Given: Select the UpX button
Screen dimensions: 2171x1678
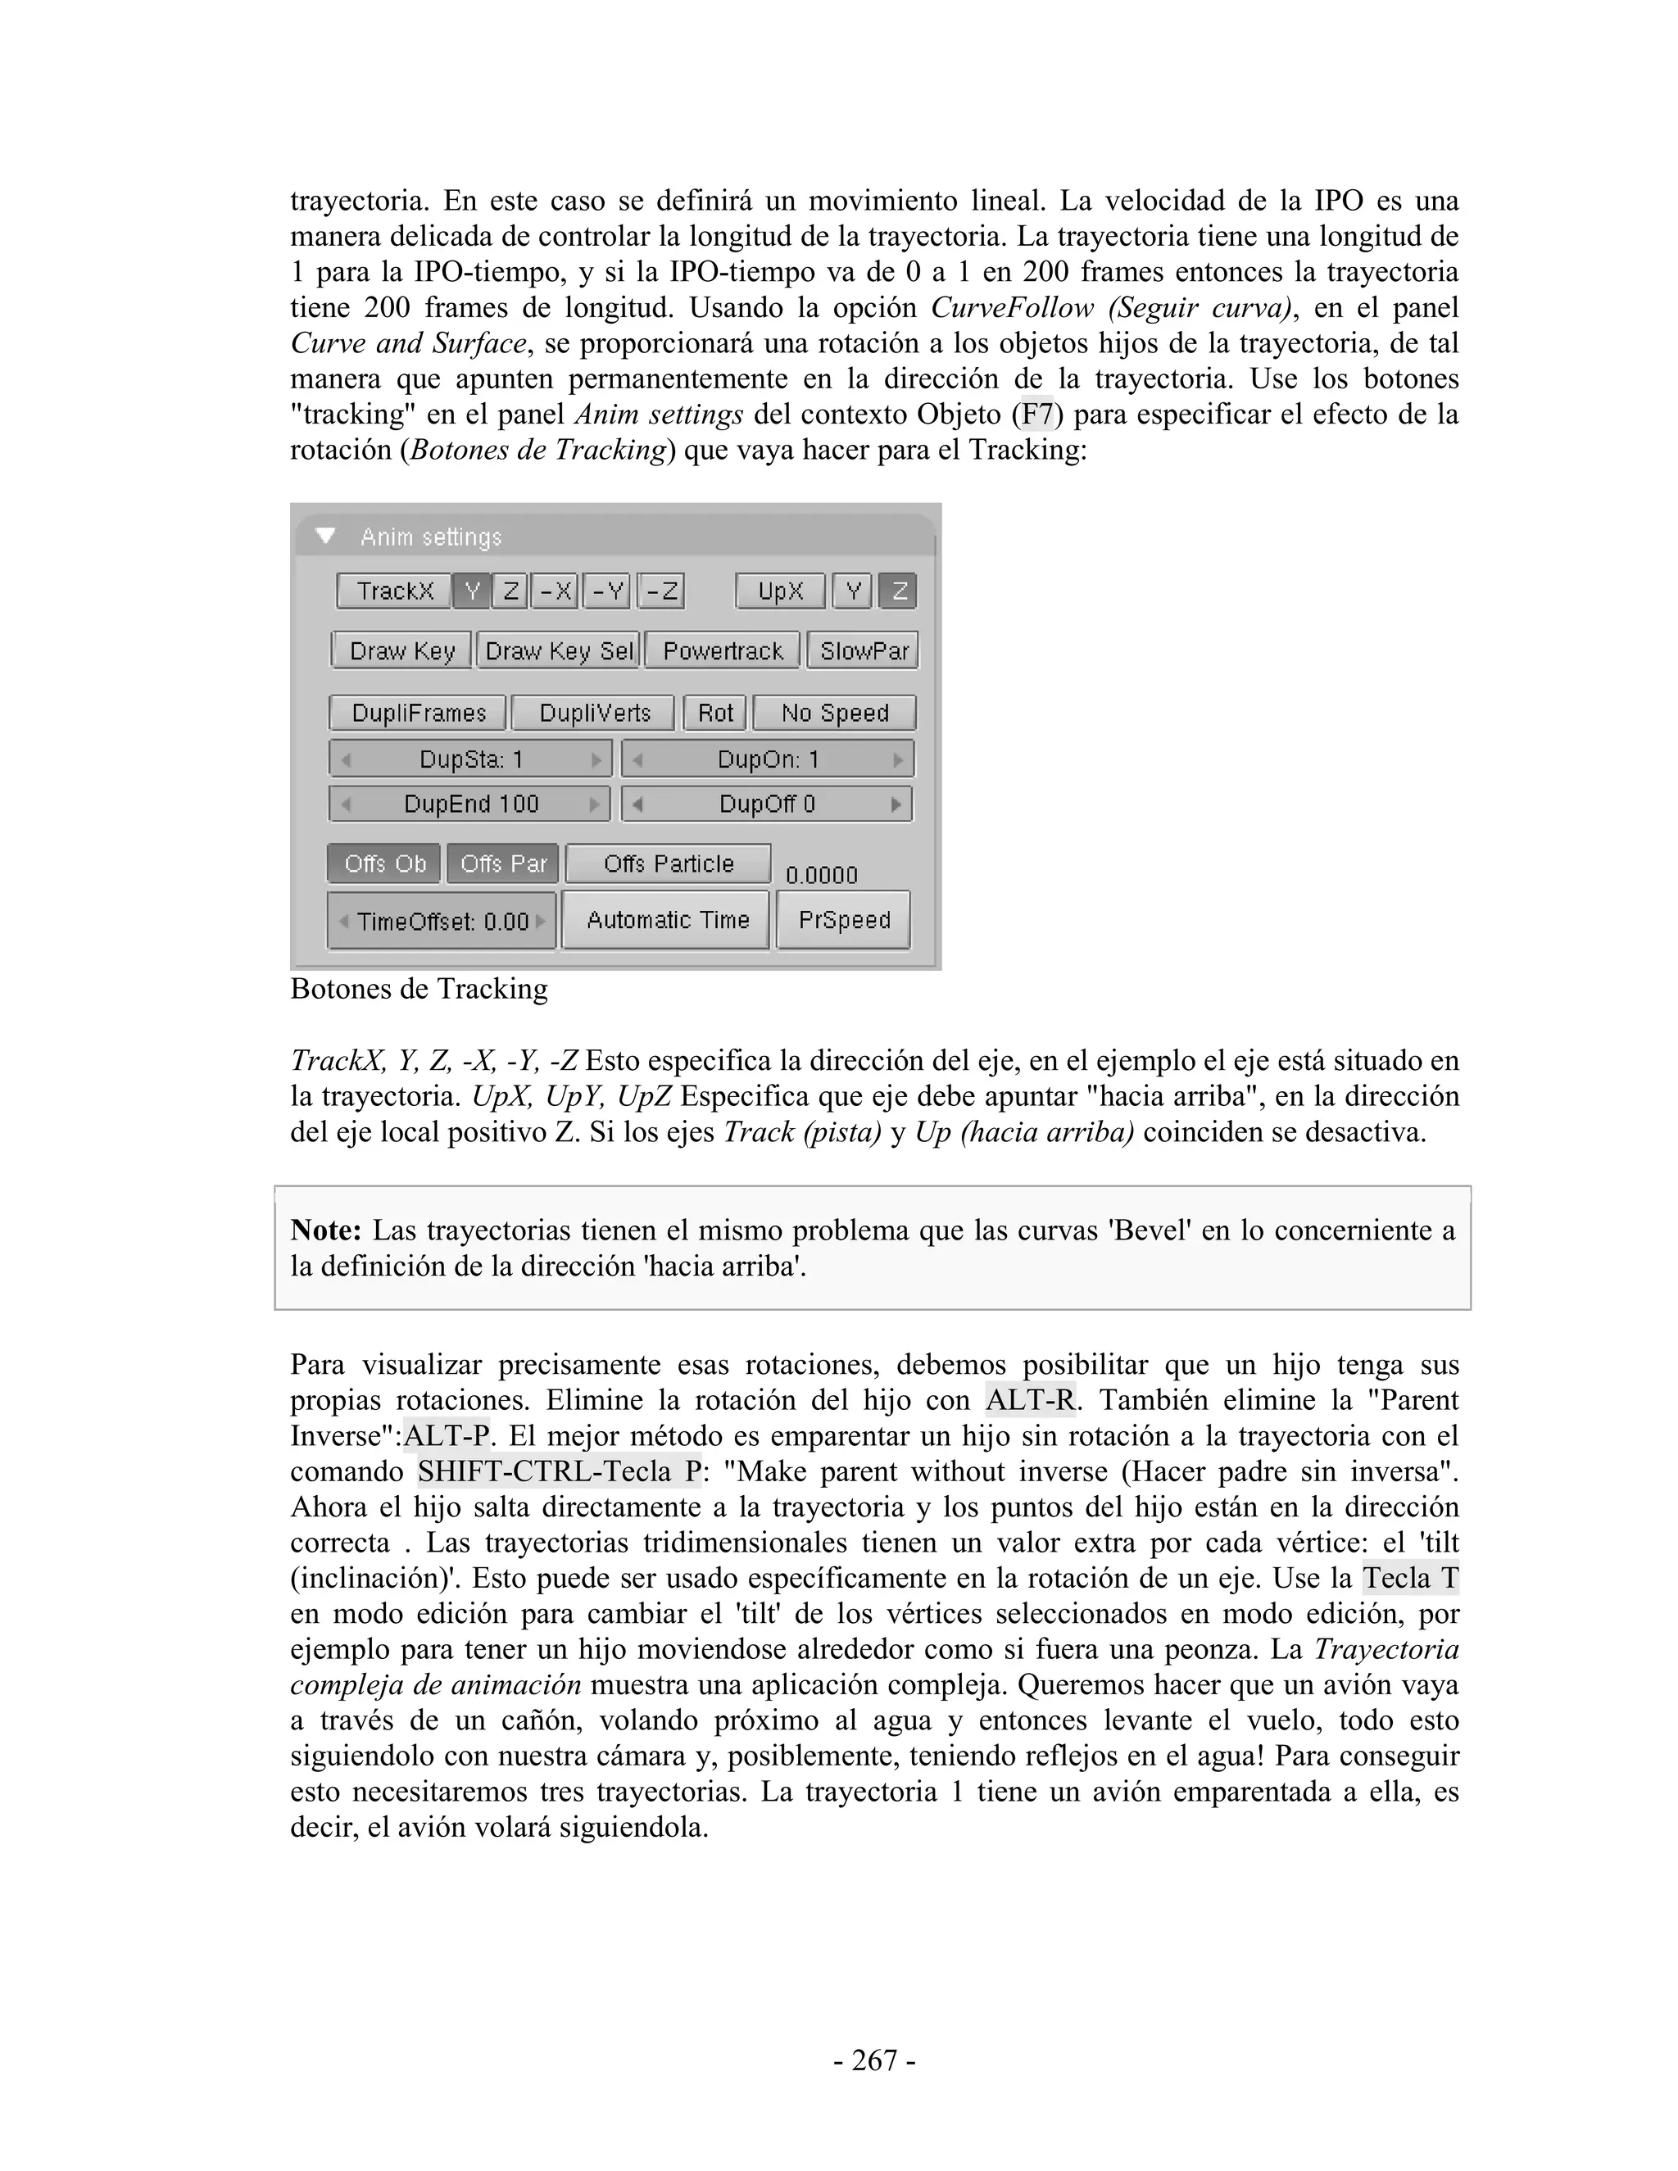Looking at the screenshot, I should coord(780,591).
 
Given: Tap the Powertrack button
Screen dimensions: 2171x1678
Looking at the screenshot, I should coord(723,651).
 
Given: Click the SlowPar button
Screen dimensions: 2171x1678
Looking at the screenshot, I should coord(863,651).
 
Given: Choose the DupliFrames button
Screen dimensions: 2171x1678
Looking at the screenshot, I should coord(419,713).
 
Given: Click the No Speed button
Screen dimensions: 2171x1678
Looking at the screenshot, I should coord(834,713).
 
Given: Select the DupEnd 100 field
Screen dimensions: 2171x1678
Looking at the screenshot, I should coord(470,803).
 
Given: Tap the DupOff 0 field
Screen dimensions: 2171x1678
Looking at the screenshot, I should coord(766,803).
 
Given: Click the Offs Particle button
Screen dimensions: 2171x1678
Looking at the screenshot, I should coord(668,863).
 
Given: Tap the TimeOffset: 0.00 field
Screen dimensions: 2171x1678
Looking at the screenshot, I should coord(442,922).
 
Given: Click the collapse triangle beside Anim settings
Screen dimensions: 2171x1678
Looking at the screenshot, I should coord(325,537).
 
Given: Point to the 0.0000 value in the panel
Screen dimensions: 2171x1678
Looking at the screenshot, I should coord(821,875).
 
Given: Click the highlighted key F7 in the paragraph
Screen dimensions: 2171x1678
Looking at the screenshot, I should coord(1036,414).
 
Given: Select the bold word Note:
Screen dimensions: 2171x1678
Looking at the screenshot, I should coord(326,1231).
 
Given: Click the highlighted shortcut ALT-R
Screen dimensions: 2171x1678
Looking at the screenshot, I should coord(1030,1401).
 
